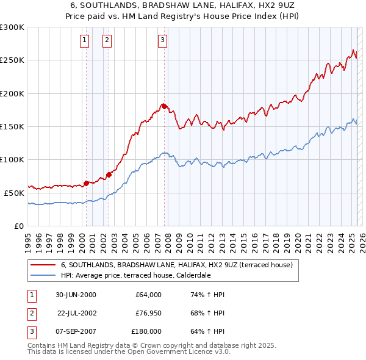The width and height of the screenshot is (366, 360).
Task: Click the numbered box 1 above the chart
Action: pyautogui.click(x=84, y=41)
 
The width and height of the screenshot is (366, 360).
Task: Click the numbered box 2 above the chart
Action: pyautogui.click(x=107, y=41)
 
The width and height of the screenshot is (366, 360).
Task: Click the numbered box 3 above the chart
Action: pyautogui.click(x=163, y=41)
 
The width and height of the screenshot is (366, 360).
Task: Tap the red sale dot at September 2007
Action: pyautogui.click(x=164, y=107)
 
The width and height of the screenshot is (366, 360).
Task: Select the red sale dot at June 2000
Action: pyautogui.click(x=86, y=183)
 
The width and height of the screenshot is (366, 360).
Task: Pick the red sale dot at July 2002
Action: pyautogui.click(x=109, y=175)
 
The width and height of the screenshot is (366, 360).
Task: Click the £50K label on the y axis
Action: pyautogui.click(x=14, y=193)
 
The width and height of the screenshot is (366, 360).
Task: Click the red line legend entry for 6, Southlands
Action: pyautogui.click(x=177, y=265)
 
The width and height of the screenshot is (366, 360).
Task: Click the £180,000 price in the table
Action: pyautogui.click(x=146, y=331)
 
